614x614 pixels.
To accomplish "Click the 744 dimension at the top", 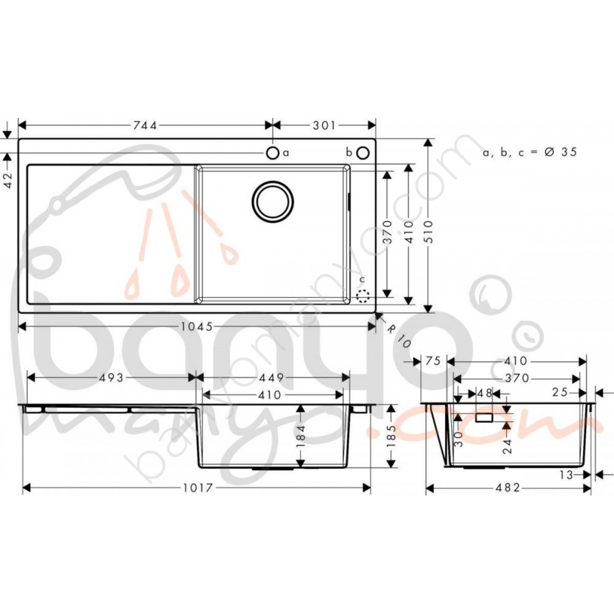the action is pos(145,126).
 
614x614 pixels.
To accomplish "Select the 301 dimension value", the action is pos(324,126).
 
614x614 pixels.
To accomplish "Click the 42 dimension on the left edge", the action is pos(9,180).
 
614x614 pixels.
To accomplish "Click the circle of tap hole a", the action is pos(272,153).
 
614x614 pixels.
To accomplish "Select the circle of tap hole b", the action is pos(363,153).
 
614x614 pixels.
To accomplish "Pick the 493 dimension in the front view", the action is pos(111,378).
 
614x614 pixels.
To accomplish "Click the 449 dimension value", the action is pos(271,378).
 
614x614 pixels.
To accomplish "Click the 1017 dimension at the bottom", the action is pos(198,488).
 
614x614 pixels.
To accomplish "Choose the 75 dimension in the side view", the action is pos(433,361).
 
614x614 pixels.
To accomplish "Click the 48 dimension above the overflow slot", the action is pos(484,392).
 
